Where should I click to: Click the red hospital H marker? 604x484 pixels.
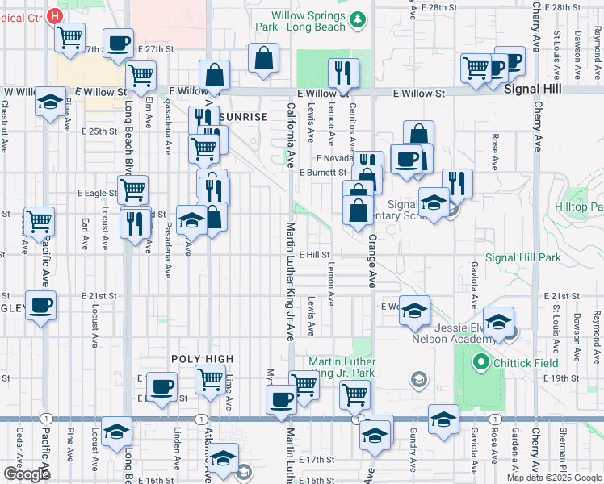[x=54, y=15]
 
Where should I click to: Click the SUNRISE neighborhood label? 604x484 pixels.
[x=242, y=117]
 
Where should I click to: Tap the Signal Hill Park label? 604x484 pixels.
[x=524, y=258]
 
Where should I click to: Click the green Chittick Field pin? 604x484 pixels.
[x=482, y=362]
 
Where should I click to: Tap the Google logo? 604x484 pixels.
[x=27, y=474]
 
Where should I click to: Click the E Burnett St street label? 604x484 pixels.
[x=322, y=173]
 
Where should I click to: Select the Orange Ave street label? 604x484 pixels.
[x=372, y=266]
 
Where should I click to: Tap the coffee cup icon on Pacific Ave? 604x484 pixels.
[x=40, y=306]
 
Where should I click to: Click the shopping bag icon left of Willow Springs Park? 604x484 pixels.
[x=264, y=58]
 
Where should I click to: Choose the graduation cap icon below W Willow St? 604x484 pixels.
[x=50, y=102]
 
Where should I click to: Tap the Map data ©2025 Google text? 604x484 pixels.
[x=554, y=478]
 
